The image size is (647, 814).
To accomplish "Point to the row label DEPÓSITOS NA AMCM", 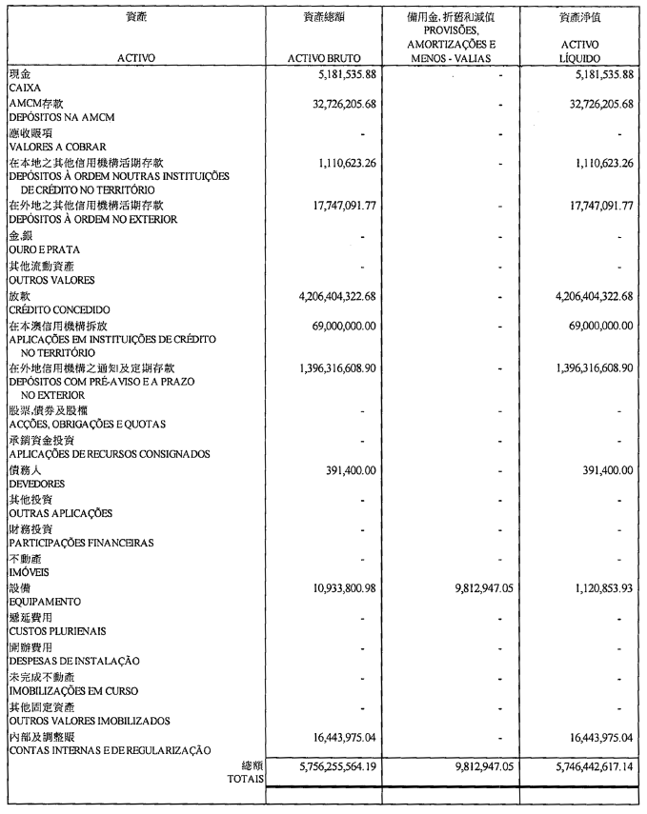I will pos(56,116).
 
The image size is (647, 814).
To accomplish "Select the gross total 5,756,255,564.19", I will pos(324,764).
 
